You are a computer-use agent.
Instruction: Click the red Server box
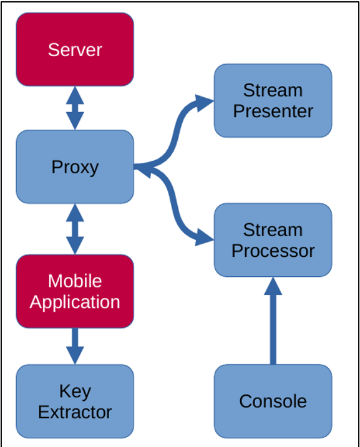[75, 49]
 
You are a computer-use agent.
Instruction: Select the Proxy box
[75, 167]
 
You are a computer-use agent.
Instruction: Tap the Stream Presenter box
[273, 100]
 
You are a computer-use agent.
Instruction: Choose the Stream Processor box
[273, 240]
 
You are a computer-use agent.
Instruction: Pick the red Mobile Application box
[75, 291]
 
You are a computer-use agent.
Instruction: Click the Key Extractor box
[75, 401]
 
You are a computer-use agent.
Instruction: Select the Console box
[273, 401]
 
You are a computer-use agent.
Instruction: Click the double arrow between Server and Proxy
[75, 108]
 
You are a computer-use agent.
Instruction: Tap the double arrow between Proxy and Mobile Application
[75, 229]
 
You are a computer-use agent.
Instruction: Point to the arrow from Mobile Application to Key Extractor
[75, 346]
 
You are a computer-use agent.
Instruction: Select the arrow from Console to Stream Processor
[273, 320]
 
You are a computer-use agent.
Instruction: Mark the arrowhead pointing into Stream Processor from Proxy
[203, 237]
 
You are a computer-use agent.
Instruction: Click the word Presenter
[273, 112]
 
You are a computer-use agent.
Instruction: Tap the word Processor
[273, 251]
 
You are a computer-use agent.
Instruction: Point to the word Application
[75, 302]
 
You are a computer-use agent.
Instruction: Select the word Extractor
[75, 412]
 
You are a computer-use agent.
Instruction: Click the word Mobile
[75, 281]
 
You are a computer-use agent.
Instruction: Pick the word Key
[75, 392]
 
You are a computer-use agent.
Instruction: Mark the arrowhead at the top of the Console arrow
[273, 286]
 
